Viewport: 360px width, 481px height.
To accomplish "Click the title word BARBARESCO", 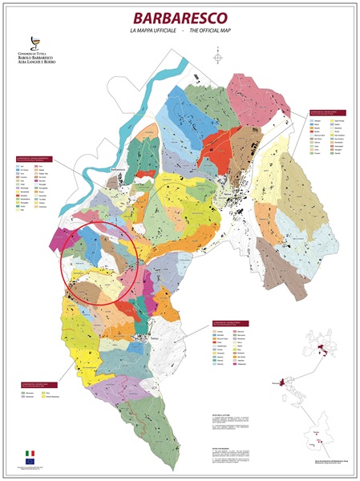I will (180, 17).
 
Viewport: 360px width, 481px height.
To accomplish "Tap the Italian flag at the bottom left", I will (31, 454).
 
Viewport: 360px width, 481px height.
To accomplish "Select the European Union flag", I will (31, 462).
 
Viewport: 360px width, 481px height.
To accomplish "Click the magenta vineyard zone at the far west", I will (61, 240).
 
